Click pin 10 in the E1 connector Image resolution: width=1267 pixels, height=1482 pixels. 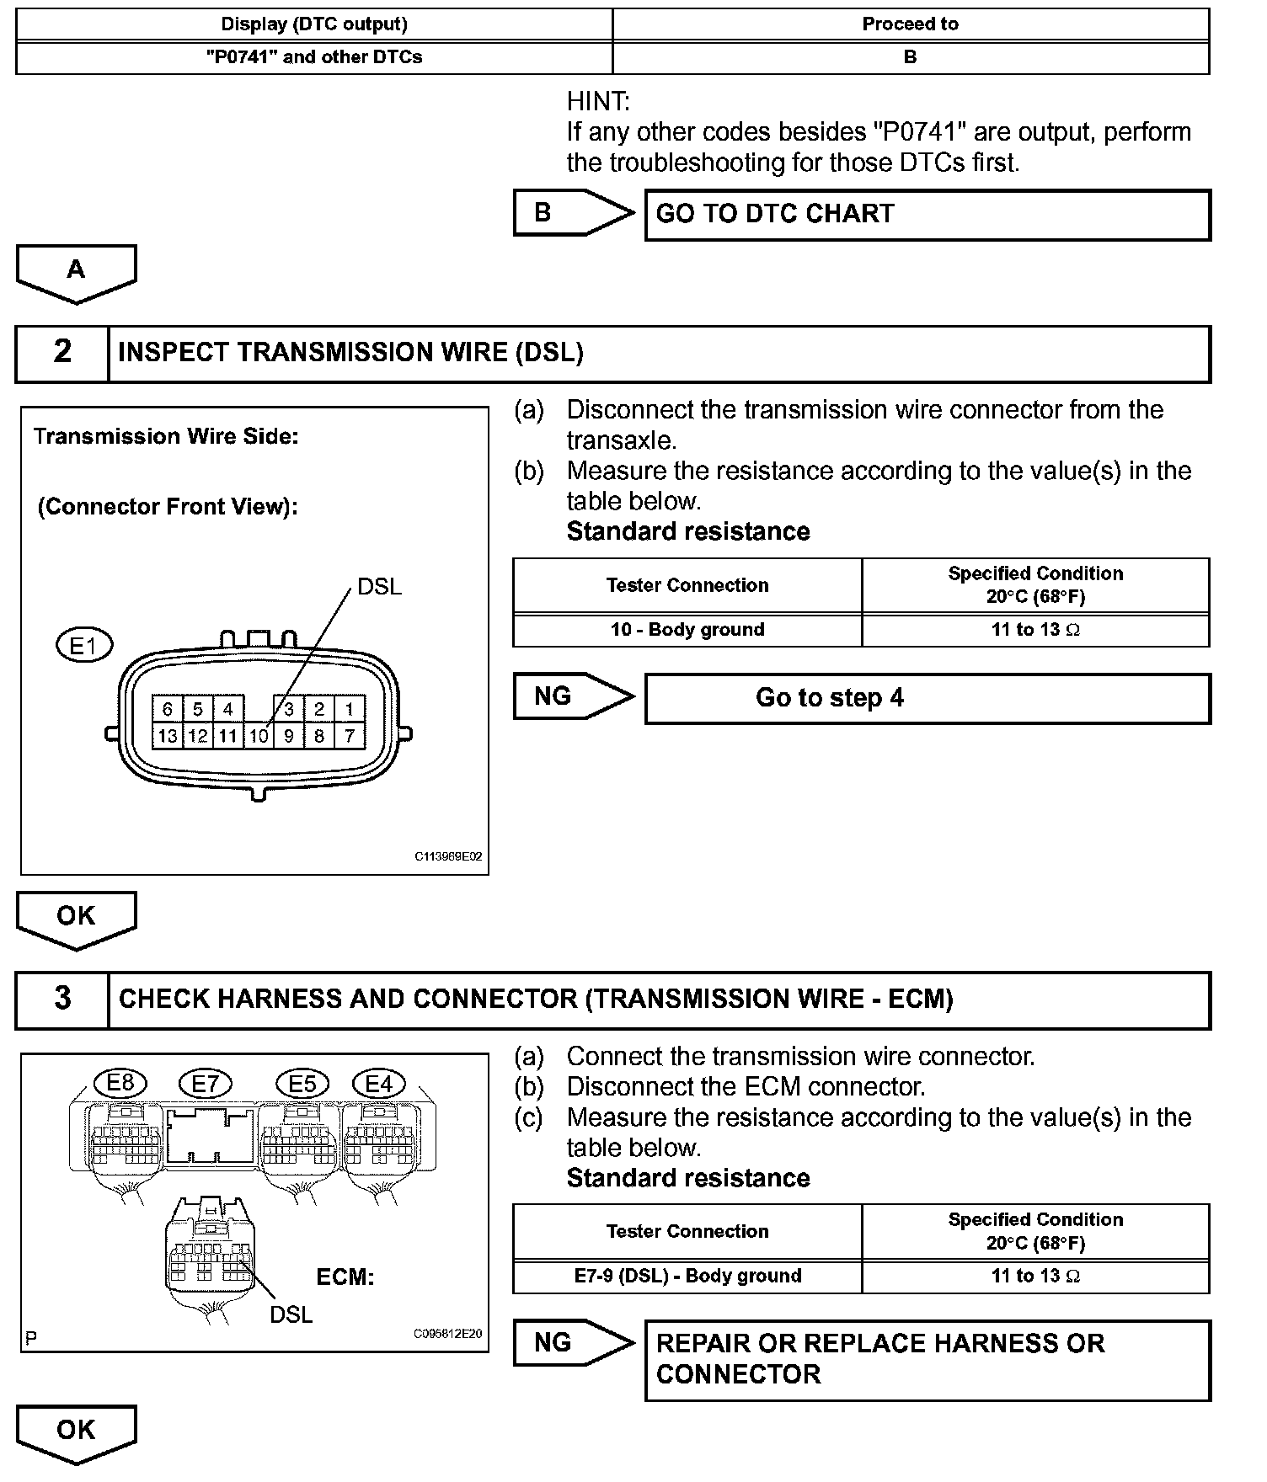[258, 736]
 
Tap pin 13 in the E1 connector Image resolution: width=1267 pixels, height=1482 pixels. [167, 736]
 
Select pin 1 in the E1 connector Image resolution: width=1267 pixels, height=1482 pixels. [349, 709]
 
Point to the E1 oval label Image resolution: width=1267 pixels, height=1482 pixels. [83, 647]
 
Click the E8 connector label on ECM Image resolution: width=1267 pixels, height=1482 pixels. [120, 1083]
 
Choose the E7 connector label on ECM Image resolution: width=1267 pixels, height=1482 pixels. [206, 1084]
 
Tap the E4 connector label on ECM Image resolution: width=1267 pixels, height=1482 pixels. [379, 1084]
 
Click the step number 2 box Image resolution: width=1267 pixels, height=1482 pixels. [62, 353]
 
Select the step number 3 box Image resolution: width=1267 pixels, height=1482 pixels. [62, 1000]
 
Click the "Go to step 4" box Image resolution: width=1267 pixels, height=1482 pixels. [927, 698]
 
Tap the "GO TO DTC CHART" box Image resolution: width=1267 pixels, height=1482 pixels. [927, 215]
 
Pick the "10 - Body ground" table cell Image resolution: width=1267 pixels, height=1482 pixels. [687, 630]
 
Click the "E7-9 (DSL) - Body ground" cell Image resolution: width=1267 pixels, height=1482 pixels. [687, 1276]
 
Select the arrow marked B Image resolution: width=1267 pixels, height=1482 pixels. [573, 213]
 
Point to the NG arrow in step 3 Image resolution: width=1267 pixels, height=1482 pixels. [573, 1342]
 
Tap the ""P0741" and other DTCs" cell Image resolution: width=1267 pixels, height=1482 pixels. [314, 57]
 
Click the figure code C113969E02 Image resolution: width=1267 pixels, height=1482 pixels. [448, 857]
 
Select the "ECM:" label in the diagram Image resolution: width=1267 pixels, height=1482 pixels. [345, 1277]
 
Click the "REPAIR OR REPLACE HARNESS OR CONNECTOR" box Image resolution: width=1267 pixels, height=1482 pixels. [927, 1359]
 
